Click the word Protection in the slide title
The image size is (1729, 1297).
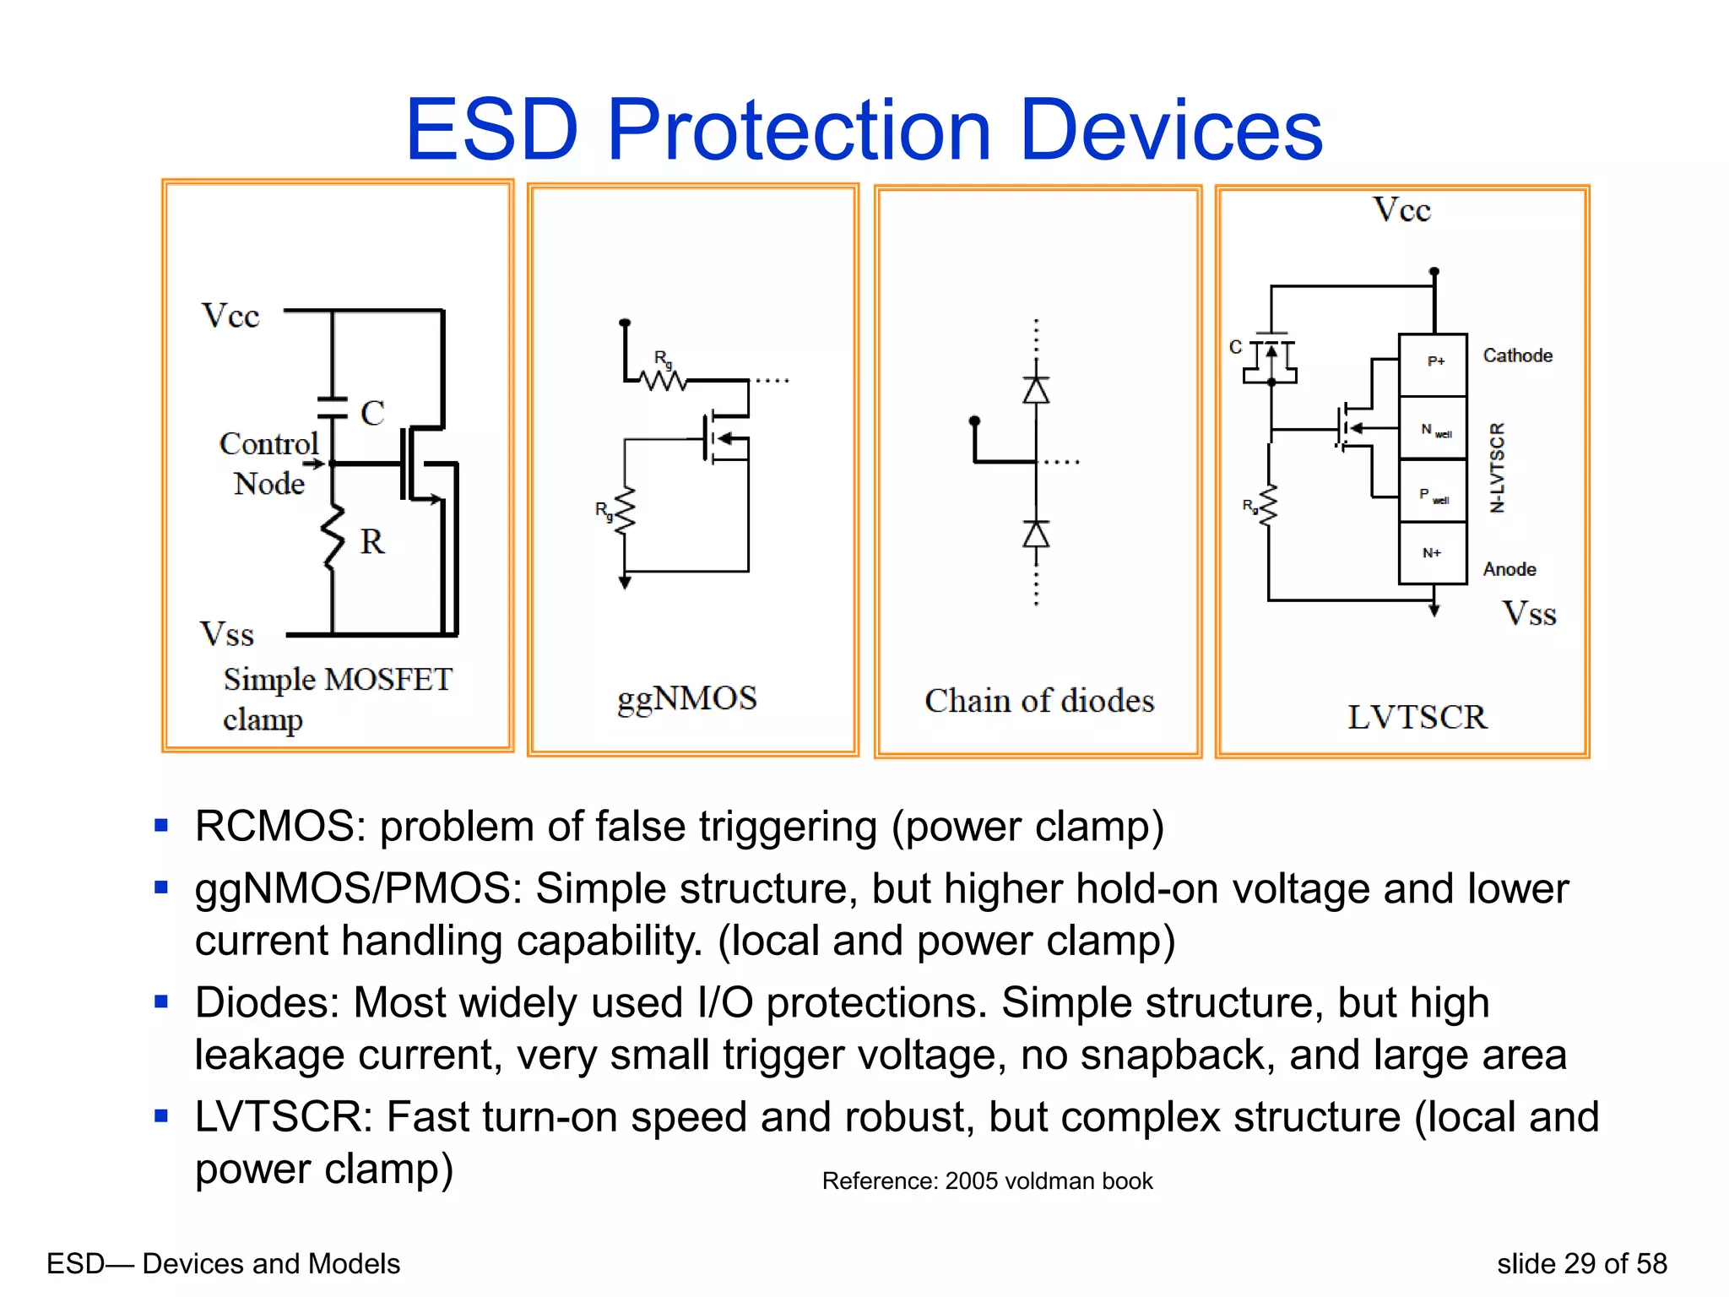click(x=798, y=131)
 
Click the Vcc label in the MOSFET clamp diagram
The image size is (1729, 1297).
click(x=230, y=316)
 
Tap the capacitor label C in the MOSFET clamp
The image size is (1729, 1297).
click(x=372, y=414)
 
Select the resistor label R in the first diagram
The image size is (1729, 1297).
click(x=371, y=542)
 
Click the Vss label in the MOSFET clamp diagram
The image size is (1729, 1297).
click(x=226, y=634)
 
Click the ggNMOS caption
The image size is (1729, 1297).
click(x=686, y=699)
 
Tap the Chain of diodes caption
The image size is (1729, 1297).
click(x=1038, y=701)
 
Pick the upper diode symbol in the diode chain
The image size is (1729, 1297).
click(x=1036, y=390)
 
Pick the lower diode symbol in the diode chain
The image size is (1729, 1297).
click(x=1036, y=535)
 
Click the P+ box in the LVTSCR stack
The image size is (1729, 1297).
click(x=1433, y=364)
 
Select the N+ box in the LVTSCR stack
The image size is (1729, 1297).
click(x=1433, y=553)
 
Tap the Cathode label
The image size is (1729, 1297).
click(x=1517, y=355)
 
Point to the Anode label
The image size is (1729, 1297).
click(x=1509, y=569)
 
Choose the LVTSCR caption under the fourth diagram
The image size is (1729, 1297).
click(x=1416, y=717)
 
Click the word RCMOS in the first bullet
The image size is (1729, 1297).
click(x=279, y=827)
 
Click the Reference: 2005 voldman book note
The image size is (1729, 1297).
click(x=987, y=1180)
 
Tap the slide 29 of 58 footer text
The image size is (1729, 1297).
click(x=1581, y=1263)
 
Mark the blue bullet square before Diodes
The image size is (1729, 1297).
click(x=162, y=1002)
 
